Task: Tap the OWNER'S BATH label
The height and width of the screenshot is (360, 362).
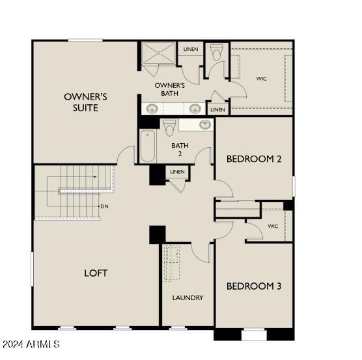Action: point(170,89)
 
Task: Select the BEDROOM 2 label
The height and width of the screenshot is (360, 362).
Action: point(253,158)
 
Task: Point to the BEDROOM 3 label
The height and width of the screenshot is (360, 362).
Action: point(253,286)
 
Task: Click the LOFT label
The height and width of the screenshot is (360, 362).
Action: point(95,273)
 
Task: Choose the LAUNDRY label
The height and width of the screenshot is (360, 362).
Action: point(188,298)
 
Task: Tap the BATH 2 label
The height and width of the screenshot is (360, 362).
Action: point(180,150)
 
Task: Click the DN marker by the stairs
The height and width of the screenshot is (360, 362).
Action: point(104,206)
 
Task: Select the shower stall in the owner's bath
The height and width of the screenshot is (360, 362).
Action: point(159,54)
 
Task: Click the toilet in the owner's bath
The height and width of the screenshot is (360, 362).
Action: point(217,53)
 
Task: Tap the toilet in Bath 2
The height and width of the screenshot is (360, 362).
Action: point(169,126)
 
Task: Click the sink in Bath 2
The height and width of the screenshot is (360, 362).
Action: point(204,124)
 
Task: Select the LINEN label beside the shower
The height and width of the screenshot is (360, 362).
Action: point(190,49)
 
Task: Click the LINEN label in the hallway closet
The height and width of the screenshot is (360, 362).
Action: point(176,172)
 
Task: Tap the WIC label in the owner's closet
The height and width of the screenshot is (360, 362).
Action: point(261,79)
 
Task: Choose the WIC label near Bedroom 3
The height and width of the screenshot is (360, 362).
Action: point(273,226)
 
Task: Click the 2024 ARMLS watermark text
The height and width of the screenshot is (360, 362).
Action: point(31,344)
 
